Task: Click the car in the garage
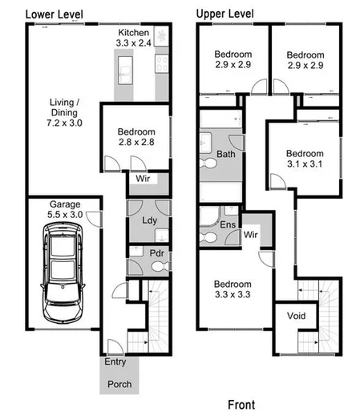(63, 269)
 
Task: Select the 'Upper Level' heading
(226, 14)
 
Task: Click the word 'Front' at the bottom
(242, 405)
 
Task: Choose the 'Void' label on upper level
(296, 316)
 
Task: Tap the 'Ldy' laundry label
(148, 220)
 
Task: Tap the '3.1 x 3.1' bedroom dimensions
(305, 164)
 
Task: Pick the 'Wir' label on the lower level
(143, 178)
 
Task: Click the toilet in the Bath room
(210, 164)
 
